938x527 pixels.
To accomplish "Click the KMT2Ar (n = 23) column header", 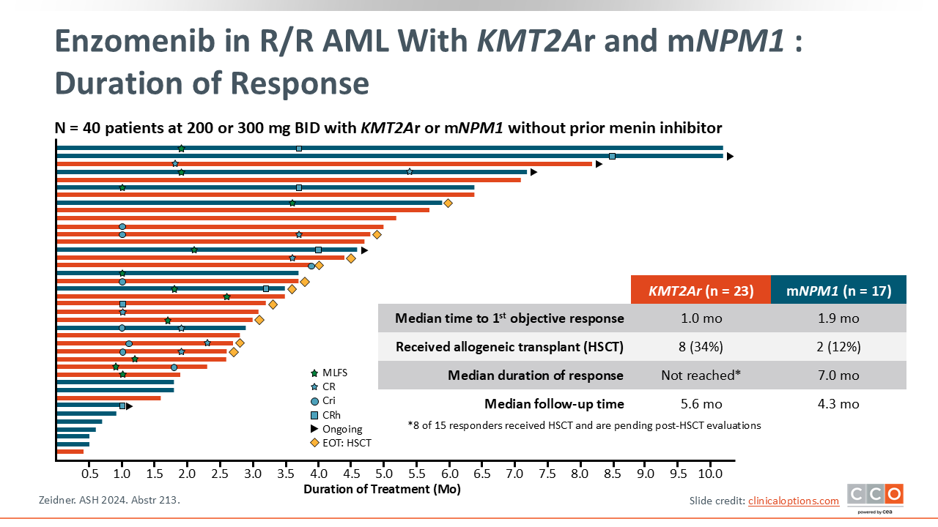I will click(x=701, y=290).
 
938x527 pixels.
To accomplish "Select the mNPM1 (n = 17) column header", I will click(x=838, y=290).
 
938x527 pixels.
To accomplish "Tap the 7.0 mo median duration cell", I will click(x=838, y=375).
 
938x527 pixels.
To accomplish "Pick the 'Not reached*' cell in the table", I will click(x=701, y=375).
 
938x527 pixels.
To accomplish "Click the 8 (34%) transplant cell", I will click(x=701, y=347).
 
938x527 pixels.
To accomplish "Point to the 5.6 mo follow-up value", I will click(x=701, y=404).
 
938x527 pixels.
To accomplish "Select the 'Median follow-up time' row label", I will click(x=554, y=404).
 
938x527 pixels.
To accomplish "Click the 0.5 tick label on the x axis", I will click(x=89, y=474).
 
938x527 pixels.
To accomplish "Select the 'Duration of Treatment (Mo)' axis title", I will click(x=382, y=489).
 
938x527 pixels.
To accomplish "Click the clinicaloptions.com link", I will click(x=793, y=501).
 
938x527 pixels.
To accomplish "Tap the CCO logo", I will click(x=875, y=497).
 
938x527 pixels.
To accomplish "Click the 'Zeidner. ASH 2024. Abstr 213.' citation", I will click(x=108, y=501).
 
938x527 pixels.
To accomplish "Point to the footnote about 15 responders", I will click(x=584, y=425).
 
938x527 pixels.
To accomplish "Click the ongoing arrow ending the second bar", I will click(x=730, y=157).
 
